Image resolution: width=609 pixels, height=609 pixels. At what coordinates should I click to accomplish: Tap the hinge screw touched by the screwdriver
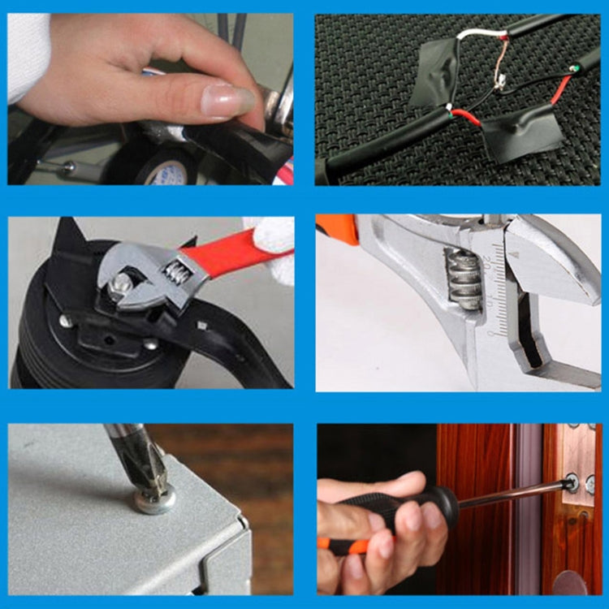(x=573, y=483)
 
